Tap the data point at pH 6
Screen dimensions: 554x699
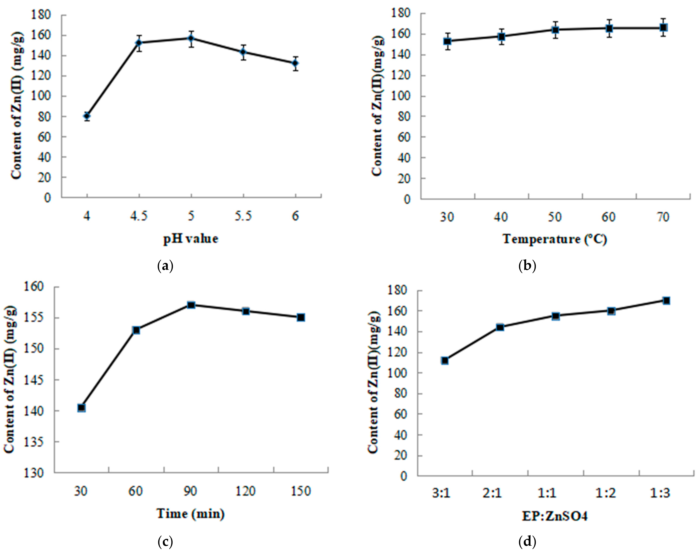click(295, 63)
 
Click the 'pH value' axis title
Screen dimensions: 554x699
click(191, 239)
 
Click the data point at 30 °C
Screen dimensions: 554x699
click(448, 41)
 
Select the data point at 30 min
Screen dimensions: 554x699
click(81, 408)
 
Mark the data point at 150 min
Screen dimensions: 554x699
click(301, 317)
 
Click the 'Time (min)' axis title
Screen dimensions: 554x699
click(191, 514)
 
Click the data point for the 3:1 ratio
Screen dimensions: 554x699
click(445, 360)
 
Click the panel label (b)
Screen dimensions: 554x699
click(527, 266)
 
